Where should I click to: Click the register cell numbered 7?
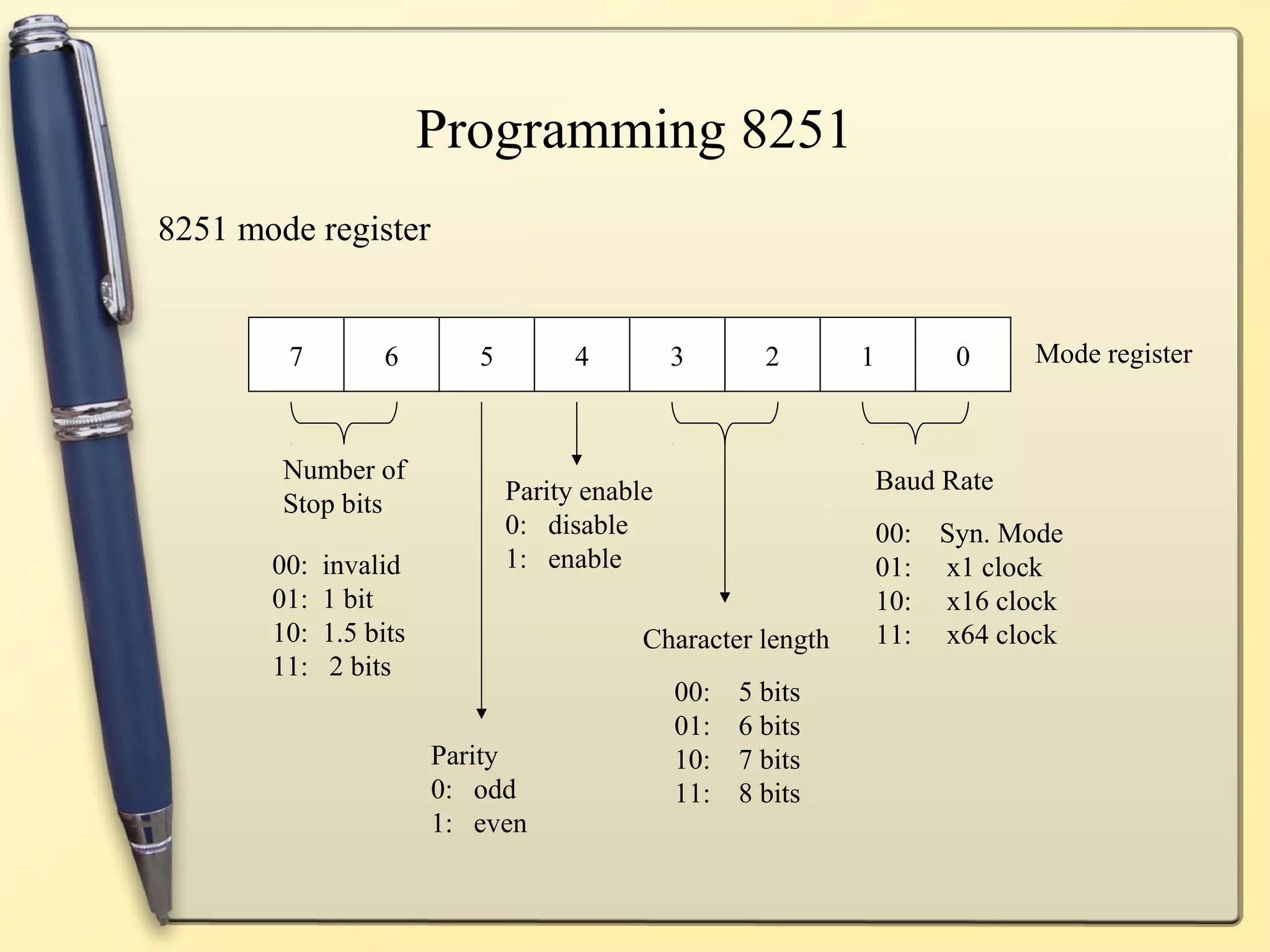[x=296, y=355]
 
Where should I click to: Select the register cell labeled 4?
[x=581, y=355]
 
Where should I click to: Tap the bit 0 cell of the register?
[x=962, y=355]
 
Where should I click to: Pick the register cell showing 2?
[x=771, y=355]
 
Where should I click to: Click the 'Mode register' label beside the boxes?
[x=1113, y=354]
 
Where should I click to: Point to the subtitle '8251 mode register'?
[x=294, y=229]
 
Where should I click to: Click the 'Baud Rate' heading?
[x=934, y=480]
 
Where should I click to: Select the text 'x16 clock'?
[x=1001, y=601]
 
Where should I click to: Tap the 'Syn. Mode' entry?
[x=1001, y=533]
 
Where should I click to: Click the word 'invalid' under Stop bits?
[x=361, y=565]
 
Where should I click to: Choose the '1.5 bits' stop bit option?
[x=364, y=633]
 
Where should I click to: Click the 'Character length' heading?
[x=735, y=639]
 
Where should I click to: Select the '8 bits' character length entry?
[x=769, y=793]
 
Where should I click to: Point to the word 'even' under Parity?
[x=500, y=823]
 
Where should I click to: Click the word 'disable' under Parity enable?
[x=587, y=525]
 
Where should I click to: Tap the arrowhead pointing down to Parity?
[x=481, y=713]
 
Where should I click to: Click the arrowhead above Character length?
[x=724, y=597]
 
